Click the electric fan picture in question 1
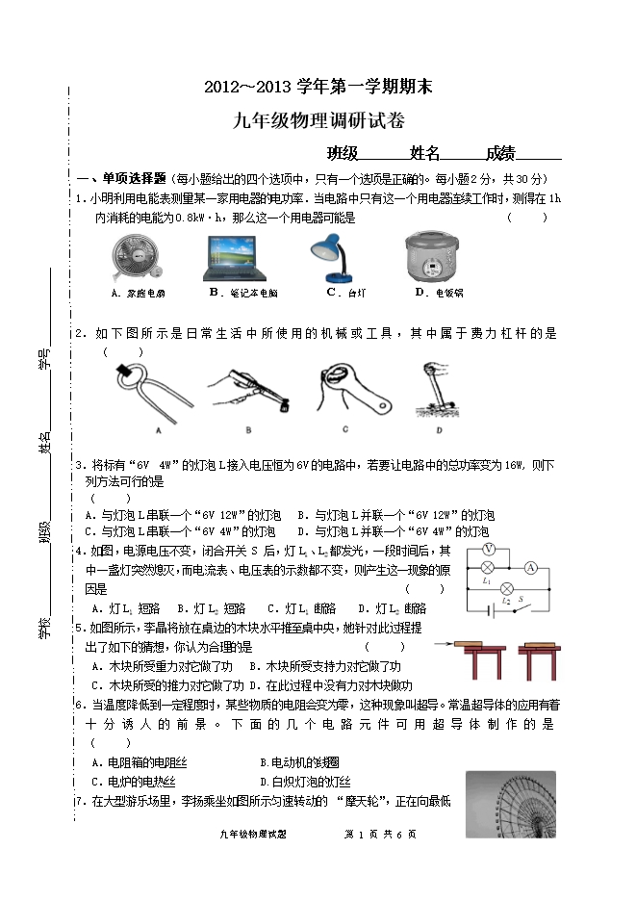point(133,258)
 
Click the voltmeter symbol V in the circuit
point(488,549)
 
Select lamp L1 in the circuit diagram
point(488,568)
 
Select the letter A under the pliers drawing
point(157,429)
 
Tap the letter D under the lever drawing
point(439,429)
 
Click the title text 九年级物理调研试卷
point(319,120)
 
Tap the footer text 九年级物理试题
point(253,835)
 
